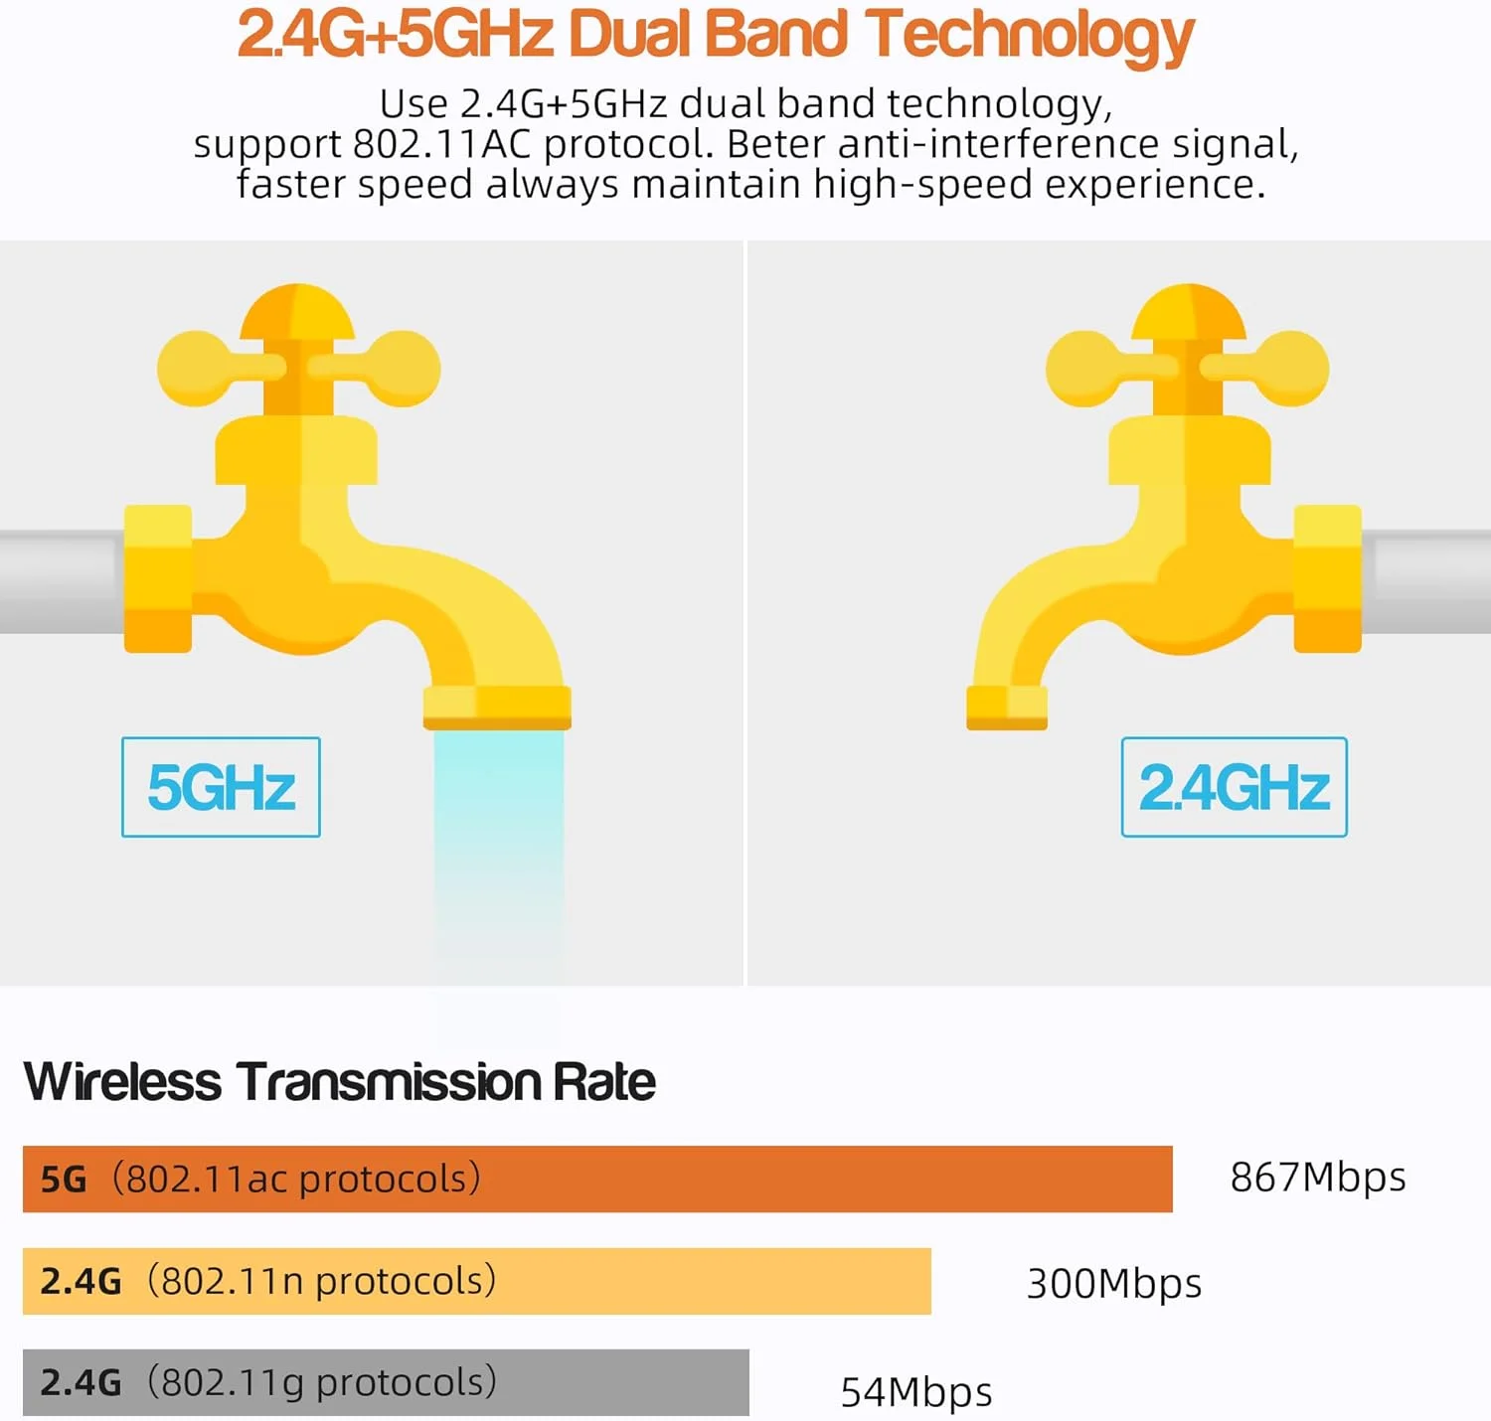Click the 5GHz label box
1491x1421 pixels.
[221, 787]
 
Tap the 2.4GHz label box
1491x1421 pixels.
[1234, 787]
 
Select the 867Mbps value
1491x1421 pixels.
[1318, 1178]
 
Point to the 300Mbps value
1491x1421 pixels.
[1113, 1283]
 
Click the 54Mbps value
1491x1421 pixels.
[915, 1391]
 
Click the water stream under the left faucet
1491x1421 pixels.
[498, 845]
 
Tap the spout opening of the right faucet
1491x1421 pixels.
[1006, 708]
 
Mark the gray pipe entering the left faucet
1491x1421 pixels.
[60, 581]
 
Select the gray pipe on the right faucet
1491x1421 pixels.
[1426, 581]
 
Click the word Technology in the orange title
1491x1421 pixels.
[1029, 35]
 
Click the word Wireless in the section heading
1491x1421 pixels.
[122, 1082]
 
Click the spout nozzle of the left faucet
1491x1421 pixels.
[497, 708]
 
